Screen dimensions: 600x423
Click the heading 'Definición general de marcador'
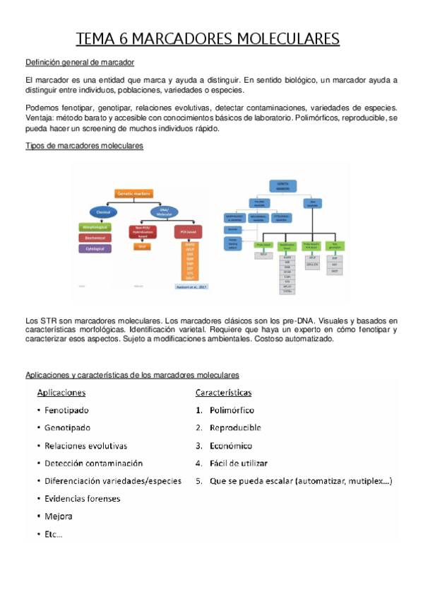coord(80,63)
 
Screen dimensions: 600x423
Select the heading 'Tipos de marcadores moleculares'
coord(84,145)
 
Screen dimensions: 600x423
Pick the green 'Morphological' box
coord(95,227)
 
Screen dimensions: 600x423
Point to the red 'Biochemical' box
coord(95,238)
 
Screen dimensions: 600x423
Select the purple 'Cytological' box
coord(95,249)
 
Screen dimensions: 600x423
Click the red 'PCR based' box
coord(189,231)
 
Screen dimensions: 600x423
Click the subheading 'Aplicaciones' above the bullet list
coord(61,393)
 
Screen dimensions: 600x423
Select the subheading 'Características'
coord(223,393)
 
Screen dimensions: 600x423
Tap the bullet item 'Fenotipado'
coord(66,410)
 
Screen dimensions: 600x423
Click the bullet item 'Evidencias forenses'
coord(82,498)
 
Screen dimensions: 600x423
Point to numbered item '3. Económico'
coord(224,446)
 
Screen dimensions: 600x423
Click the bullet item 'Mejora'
coord(58,516)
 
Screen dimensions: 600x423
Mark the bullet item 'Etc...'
coord(53,534)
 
